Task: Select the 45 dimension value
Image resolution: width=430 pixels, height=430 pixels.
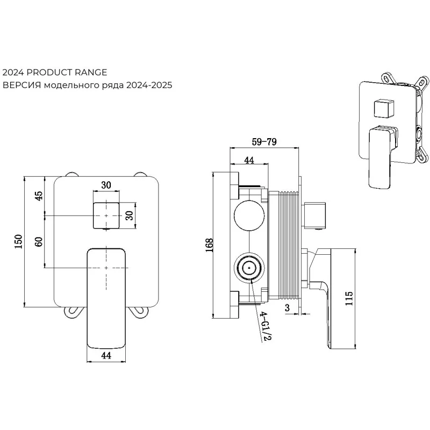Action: coord(38,195)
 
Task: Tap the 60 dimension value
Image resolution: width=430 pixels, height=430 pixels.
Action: coord(38,241)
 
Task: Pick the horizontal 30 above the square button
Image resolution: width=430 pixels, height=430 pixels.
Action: coord(106,185)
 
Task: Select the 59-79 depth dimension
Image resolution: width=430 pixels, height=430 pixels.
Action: coord(264,142)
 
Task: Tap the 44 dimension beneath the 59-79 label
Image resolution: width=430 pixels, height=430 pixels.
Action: coord(249,160)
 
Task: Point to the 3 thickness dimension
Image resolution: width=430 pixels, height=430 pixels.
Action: coord(288,307)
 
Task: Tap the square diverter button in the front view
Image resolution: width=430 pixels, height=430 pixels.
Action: coord(106,215)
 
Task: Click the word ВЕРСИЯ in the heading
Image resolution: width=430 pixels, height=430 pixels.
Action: coord(21,85)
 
